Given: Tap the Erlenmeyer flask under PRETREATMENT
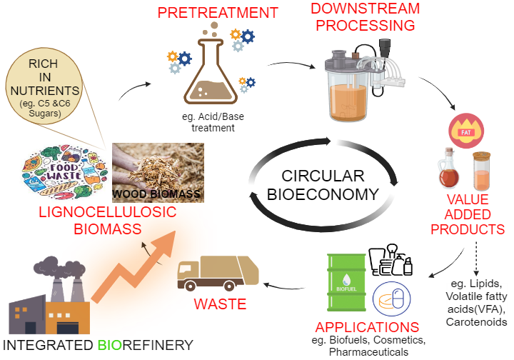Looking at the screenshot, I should pyautogui.click(x=208, y=78).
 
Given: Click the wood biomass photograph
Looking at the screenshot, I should pyautogui.click(x=158, y=172).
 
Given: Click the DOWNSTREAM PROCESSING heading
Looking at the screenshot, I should pyautogui.click(x=361, y=16).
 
